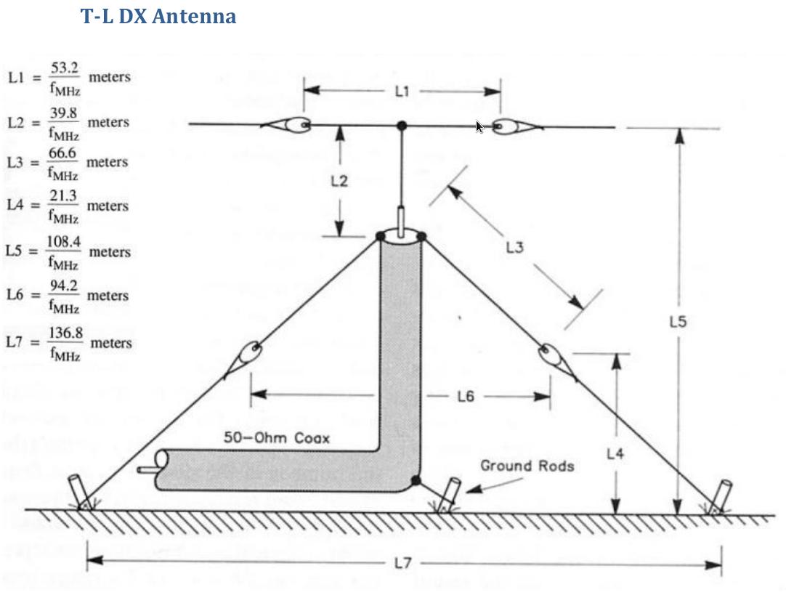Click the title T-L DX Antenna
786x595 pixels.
tap(158, 16)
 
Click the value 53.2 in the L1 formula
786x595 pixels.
tap(65, 68)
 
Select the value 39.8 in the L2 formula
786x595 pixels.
tap(64, 113)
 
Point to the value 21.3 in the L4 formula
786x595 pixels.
tap(63, 196)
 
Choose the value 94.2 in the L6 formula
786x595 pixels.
tap(63, 286)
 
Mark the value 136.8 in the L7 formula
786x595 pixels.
tap(65, 333)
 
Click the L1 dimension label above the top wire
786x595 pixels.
tap(402, 91)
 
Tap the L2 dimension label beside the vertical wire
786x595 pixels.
tap(339, 181)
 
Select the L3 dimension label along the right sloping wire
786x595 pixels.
tap(514, 248)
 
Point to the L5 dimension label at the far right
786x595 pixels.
tap(677, 321)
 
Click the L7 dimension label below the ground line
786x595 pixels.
tap(404, 564)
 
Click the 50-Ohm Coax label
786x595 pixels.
tap(276, 438)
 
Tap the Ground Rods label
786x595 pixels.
tap(527, 465)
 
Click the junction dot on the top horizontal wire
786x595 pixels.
tap(402, 126)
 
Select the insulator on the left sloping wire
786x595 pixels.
tap(248, 356)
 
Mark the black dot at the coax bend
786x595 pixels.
tap(416, 480)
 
